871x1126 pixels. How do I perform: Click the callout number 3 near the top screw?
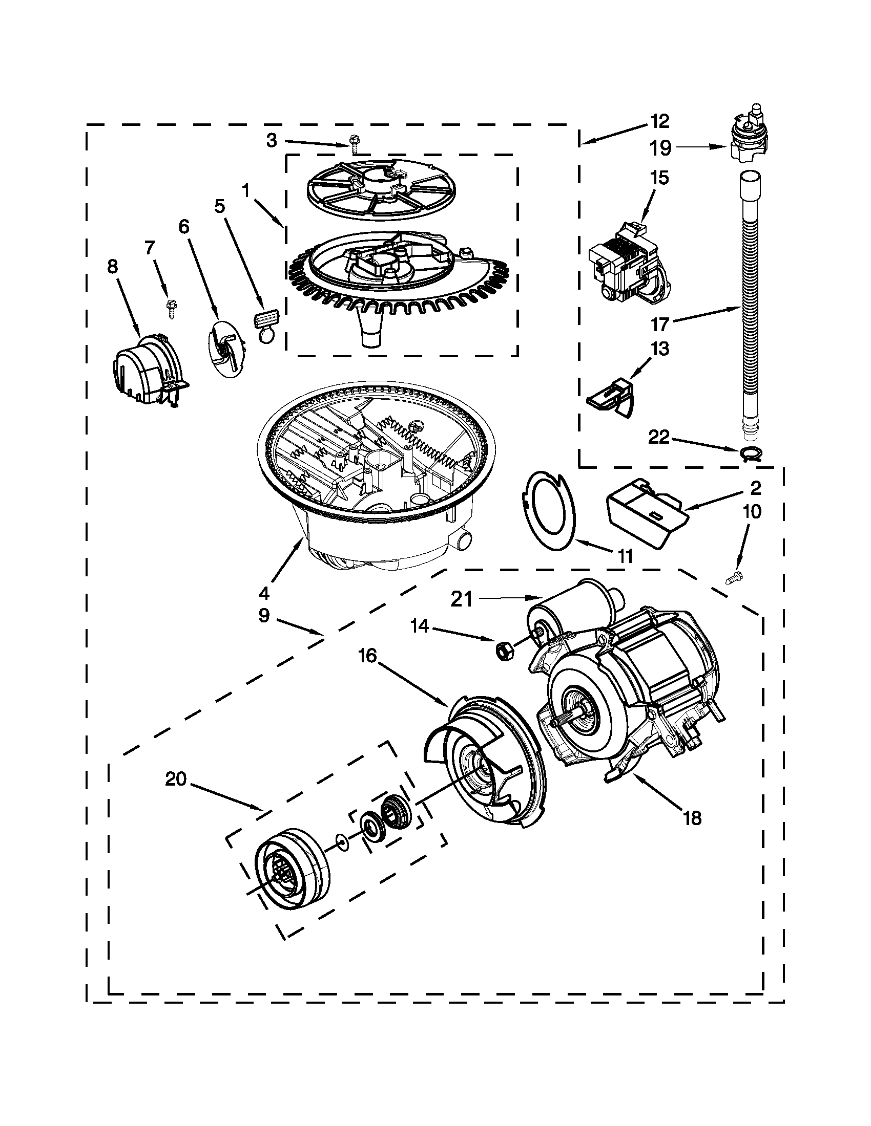272,140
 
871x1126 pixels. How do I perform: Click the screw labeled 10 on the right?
734,579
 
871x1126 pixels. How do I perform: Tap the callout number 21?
462,599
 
